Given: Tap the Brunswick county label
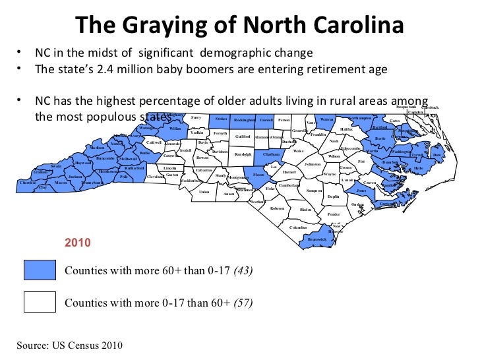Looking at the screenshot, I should pos(316,239).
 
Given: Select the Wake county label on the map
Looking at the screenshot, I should pos(298,151).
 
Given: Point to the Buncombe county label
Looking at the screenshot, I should pos(104,158).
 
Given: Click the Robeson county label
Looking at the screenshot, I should pos(277,208).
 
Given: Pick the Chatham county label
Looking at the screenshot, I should pos(271,154).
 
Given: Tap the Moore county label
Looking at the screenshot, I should pos(259,175).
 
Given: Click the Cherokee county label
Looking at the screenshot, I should pos(28,183).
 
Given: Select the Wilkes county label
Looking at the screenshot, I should pos(175,129).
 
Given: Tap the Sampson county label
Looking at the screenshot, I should pos(314,190).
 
